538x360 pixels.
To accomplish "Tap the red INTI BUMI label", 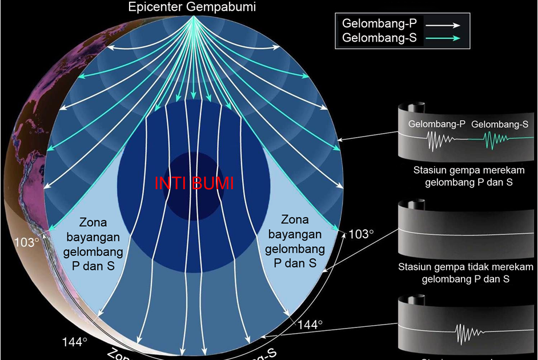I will pyautogui.click(x=194, y=184).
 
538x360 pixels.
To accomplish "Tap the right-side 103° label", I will pyautogui.click(x=360, y=234).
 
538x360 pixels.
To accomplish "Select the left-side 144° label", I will pyautogui.click(x=75, y=342).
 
